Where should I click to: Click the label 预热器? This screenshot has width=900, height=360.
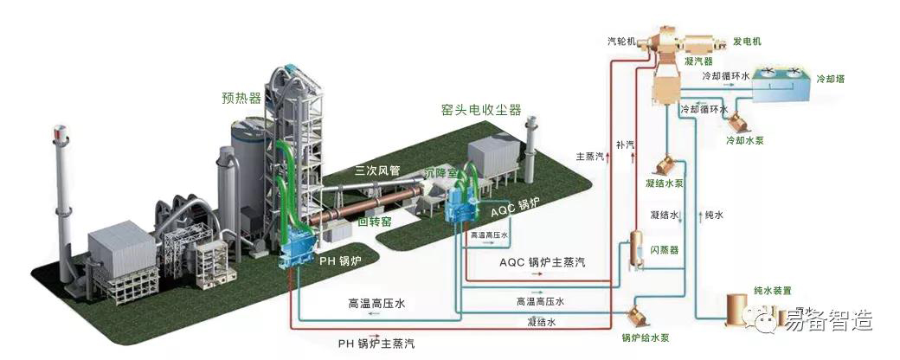tap(241, 98)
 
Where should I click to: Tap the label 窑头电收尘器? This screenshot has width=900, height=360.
tap(481, 110)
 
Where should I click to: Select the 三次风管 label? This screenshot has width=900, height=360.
tap(376, 170)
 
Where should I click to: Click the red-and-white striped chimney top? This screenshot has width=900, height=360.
tap(59, 135)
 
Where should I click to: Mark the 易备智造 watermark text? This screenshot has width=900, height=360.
tap(828, 321)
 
